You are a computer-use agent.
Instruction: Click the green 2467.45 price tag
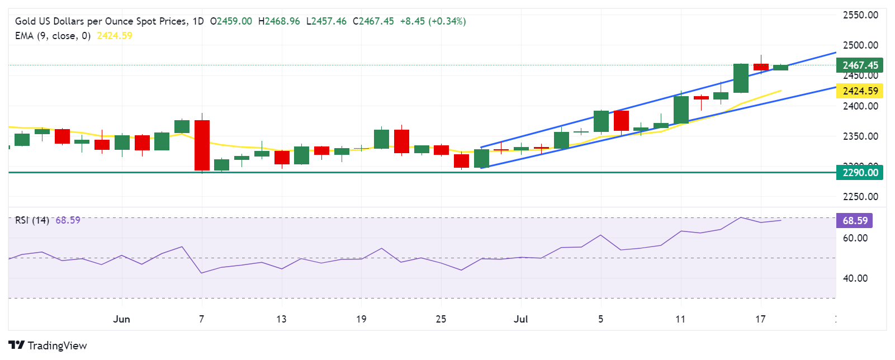coord(860,65)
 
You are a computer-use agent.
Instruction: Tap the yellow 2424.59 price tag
coord(860,91)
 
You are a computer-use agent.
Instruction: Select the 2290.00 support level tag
coord(860,172)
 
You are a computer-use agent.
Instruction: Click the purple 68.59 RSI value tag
coord(855,220)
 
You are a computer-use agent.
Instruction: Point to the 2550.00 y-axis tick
coord(860,15)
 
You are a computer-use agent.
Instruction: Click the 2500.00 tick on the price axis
coord(860,45)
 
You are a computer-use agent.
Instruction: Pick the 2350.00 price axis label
coord(860,136)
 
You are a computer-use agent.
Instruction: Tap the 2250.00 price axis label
coord(860,197)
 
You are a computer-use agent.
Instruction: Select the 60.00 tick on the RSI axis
coord(855,238)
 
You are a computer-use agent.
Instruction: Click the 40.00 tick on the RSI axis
coord(855,278)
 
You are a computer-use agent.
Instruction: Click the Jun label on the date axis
coord(121,319)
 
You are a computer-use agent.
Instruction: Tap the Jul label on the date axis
coord(520,319)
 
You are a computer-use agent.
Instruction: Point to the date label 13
coord(281,319)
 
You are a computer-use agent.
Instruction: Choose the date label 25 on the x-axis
coord(441,319)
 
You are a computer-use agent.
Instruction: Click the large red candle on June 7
coord(202,145)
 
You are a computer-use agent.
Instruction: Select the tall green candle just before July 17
coord(741,78)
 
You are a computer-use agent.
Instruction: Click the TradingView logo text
coord(57,345)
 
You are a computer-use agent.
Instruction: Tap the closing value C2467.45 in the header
coord(373,21)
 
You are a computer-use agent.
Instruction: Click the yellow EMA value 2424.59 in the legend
coord(115,36)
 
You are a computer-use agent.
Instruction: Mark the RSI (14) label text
coord(32,220)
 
